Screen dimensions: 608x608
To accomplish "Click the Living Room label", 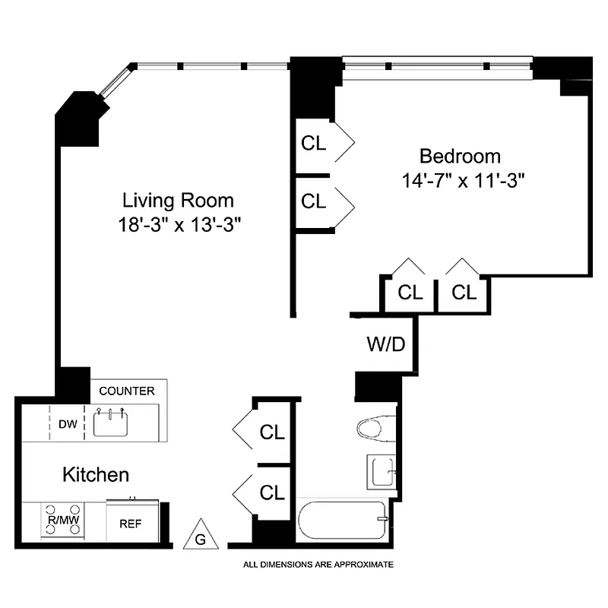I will tap(178, 201).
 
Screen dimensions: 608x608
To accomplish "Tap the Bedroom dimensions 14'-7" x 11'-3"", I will tap(461, 181).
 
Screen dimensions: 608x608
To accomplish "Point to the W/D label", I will tap(387, 344).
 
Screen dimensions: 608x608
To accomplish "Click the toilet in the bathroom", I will tap(375, 428).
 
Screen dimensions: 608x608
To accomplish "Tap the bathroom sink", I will tap(381, 473).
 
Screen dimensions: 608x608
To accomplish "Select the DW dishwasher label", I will tap(68, 424).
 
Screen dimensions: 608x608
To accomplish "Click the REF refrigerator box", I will tap(131, 524).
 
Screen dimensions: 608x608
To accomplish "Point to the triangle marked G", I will tap(201, 535).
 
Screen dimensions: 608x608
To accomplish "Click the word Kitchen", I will tap(95, 475).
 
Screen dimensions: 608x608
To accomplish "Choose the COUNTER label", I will tap(127, 391).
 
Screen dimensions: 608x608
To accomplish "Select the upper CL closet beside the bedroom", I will tap(314, 143).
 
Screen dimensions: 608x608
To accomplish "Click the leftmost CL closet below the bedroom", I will tap(410, 292).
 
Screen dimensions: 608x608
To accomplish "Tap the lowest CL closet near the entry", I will tap(271, 492).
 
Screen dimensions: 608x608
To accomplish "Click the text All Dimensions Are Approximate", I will tap(318, 565).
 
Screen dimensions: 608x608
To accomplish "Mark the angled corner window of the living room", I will tap(116, 81).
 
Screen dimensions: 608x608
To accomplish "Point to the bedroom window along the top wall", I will tap(436, 66).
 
